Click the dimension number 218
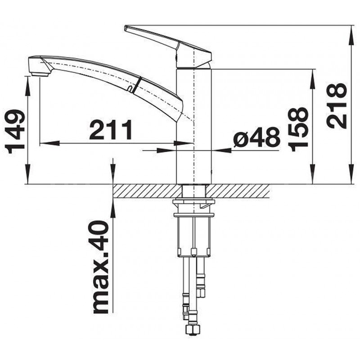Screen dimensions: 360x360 click(x=337, y=106)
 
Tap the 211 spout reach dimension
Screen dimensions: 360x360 click(x=111, y=130)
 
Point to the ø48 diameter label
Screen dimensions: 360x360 click(x=257, y=138)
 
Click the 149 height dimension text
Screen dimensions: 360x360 click(x=15, y=131)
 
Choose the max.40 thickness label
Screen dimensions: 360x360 click(x=101, y=267)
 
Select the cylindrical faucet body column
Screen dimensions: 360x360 click(x=194, y=126)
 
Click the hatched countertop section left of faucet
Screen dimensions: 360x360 click(x=148, y=191)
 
